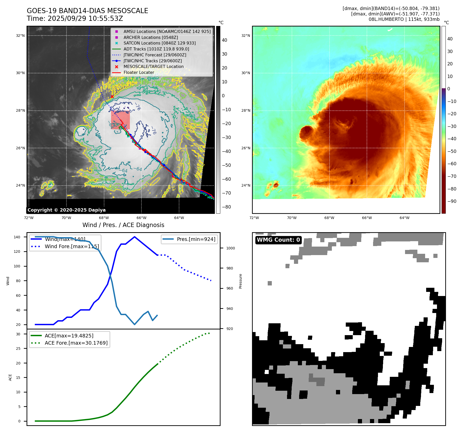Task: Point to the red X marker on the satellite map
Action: [x=112, y=97]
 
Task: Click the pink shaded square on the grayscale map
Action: [x=120, y=120]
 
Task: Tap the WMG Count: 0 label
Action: [x=278, y=240]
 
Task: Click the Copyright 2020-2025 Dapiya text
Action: [x=66, y=210]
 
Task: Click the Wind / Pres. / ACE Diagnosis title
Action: [x=123, y=225]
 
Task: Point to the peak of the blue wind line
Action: [x=134, y=237]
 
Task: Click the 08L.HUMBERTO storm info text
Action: [x=404, y=19]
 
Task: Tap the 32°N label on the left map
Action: [x=20, y=36]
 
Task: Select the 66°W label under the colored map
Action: [x=367, y=218]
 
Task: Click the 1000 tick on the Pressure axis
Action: [x=230, y=248]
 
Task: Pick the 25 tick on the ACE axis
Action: [x=18, y=349]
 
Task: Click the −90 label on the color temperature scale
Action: [x=452, y=201]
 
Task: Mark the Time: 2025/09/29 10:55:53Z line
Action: [x=75, y=19]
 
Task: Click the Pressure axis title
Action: [x=240, y=281]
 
